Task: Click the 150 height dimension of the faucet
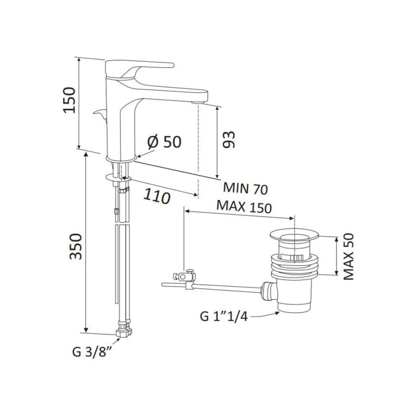coord(71,101)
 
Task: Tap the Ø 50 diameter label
coord(164,141)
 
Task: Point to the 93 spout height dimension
coord(230,139)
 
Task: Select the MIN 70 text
coord(245,189)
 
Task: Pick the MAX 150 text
coord(244,205)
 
